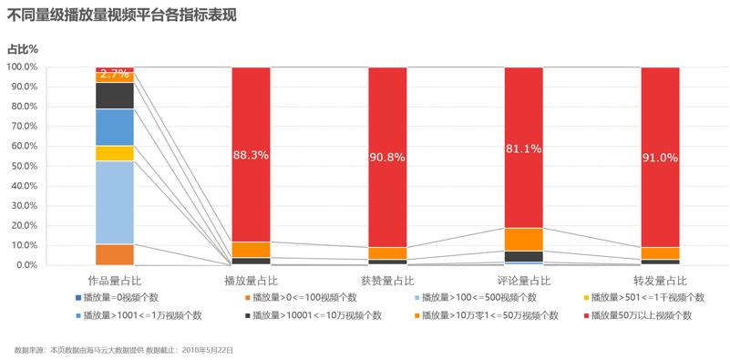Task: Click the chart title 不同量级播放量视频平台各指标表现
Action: pos(122,15)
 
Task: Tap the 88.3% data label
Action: pos(251,155)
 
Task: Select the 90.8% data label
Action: pos(387,157)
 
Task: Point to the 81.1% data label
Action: pos(524,149)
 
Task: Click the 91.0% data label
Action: pos(660,157)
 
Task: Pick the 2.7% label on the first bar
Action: pos(115,72)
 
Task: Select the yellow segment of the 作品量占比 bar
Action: pos(115,153)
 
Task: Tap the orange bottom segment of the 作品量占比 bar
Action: pos(115,254)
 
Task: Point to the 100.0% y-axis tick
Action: pos(22,67)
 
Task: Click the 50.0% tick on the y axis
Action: pos(24,166)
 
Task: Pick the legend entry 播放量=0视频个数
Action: pos(120,297)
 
